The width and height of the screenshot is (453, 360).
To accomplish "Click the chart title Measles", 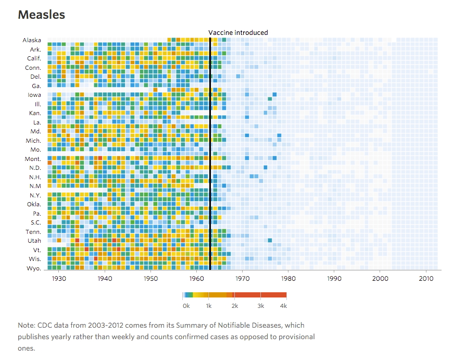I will (42, 15).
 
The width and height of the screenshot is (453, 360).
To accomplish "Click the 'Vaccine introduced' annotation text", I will (238, 32).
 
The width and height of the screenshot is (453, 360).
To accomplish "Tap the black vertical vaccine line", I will (210, 156).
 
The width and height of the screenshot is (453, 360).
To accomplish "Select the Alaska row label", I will (32, 40).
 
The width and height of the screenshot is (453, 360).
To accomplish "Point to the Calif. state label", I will (34, 58).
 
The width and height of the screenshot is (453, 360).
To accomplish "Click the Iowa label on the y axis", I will (34, 95).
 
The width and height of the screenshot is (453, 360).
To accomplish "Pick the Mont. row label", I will (33, 158).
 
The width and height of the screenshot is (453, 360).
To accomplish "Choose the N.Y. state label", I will (34, 195).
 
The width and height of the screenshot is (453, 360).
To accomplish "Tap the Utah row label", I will (34, 241).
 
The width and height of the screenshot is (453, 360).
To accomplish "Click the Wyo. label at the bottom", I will (34, 268).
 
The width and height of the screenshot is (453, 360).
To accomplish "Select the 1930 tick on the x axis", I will (59, 279).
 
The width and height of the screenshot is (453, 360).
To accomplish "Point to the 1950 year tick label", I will (150, 279).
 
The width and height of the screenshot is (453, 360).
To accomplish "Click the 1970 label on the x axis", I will (243, 279).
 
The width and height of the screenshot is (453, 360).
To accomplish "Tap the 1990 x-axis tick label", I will (334, 279).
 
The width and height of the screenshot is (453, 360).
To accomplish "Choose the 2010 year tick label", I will (426, 279).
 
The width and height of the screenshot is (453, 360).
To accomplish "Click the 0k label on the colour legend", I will (186, 306).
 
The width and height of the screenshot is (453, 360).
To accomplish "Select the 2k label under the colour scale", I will (235, 306).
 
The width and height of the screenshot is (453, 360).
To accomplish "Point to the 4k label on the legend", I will (283, 306).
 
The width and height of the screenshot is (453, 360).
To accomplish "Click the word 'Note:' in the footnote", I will (27, 325).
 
